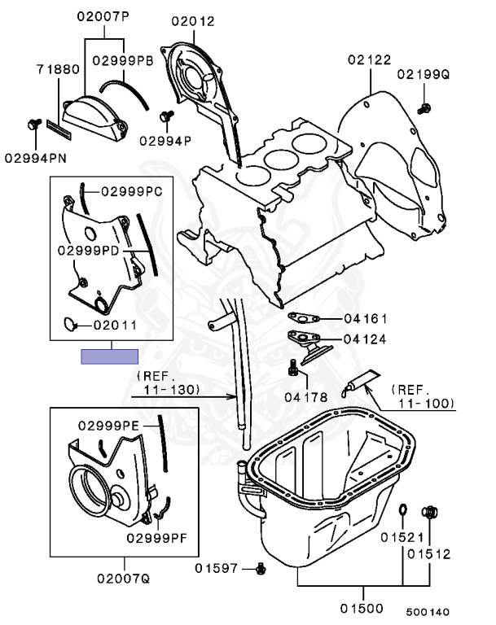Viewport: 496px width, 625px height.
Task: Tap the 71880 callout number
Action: [x=58, y=70]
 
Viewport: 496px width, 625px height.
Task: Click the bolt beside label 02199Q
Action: [x=424, y=107]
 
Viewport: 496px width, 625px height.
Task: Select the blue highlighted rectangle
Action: [x=109, y=356]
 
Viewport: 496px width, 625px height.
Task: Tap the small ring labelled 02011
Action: [x=69, y=325]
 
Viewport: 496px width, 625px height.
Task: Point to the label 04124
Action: [x=364, y=339]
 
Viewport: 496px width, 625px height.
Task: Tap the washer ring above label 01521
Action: [x=402, y=510]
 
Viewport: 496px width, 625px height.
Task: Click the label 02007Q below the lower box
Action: [x=124, y=579]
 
